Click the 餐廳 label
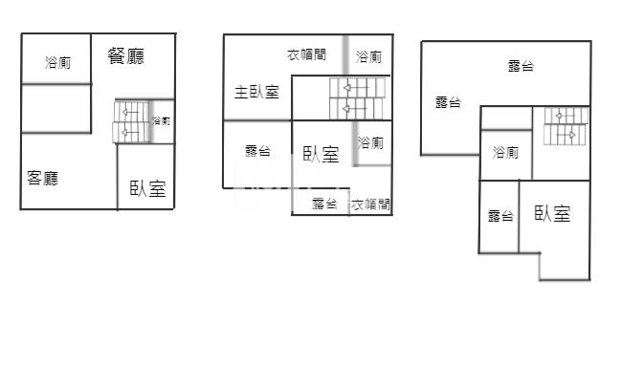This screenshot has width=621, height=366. tap(126, 56)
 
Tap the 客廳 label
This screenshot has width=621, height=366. tap(42, 178)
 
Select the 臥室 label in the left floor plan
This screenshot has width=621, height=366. tap(147, 188)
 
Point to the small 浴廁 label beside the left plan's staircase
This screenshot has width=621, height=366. tap(162, 121)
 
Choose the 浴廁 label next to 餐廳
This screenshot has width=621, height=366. tap(57, 63)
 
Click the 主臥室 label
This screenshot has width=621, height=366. tap(256, 93)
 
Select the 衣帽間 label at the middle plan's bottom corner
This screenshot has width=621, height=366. tap(370, 204)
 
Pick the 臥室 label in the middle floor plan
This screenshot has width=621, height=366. tap(321, 155)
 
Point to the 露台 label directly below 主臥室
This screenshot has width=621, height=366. tap(257, 151)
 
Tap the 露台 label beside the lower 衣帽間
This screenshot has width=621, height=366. tap(324, 204)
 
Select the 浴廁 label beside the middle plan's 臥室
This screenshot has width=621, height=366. tap(370, 143)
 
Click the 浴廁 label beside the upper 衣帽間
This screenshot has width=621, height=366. tap(369, 57)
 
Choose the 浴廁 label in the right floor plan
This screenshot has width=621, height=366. tap(505, 153)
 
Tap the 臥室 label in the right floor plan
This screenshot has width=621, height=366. tap(552, 214)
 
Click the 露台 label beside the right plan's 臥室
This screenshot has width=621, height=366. tap(499, 216)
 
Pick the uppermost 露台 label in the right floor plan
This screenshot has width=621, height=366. tap(521, 66)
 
